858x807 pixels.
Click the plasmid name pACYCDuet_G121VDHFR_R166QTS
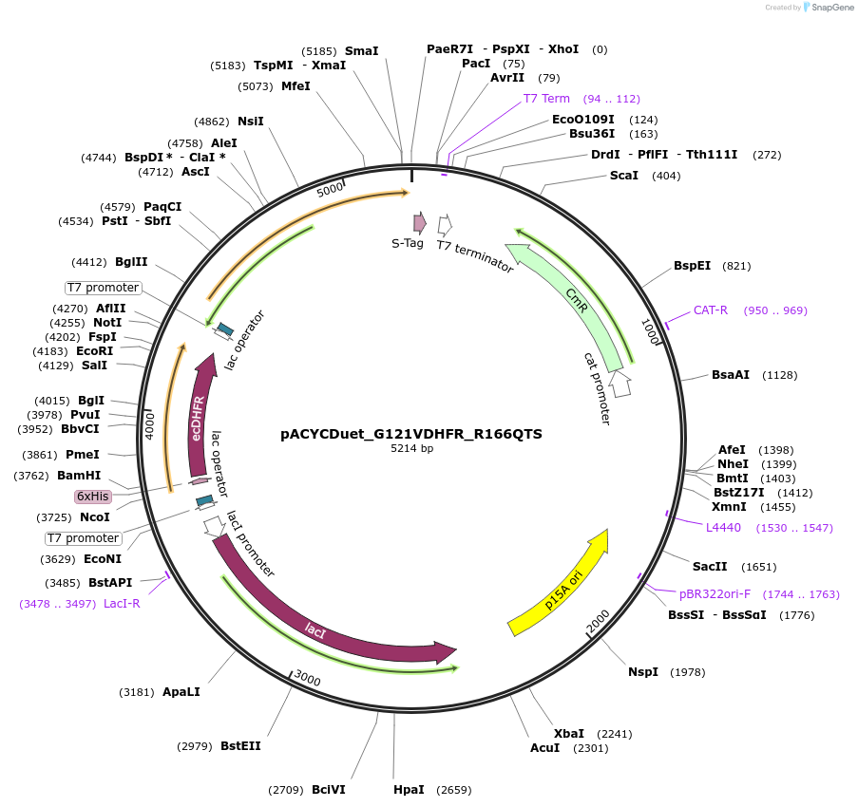click(x=411, y=434)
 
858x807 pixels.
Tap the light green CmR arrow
click(x=567, y=304)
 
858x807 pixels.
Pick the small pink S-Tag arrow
click(x=419, y=223)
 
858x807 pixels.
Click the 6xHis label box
click(x=92, y=497)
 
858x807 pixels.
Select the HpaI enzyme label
click(x=410, y=790)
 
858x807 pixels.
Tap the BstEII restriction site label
click(x=240, y=746)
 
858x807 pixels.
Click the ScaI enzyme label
click(x=624, y=176)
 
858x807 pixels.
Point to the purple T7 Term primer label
click(x=546, y=99)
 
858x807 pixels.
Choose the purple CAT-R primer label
click(x=711, y=310)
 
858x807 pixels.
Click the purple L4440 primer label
click(x=723, y=527)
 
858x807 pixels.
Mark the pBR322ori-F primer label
click(x=715, y=594)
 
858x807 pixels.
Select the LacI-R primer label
click(x=122, y=604)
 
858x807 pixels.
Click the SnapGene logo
click(x=824, y=8)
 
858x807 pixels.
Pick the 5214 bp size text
click(x=411, y=449)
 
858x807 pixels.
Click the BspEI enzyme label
click(x=692, y=266)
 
